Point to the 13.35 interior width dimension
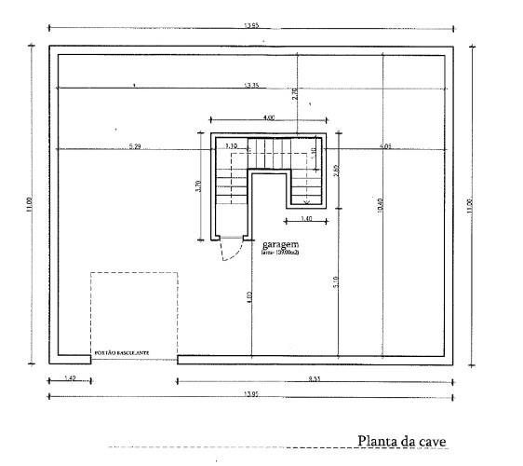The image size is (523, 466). [251, 86]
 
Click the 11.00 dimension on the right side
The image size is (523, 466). [470, 203]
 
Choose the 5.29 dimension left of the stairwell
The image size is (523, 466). [135, 146]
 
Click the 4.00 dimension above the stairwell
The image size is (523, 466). [268, 118]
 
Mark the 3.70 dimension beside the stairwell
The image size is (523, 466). [197, 185]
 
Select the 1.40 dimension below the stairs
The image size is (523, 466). [304, 219]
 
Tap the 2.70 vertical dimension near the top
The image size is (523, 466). [295, 92]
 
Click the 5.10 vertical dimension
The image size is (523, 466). [335, 280]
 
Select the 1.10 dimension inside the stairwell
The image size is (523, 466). [231, 146]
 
